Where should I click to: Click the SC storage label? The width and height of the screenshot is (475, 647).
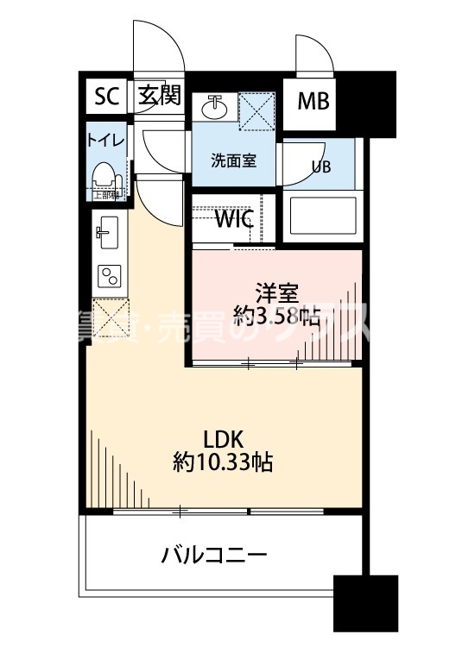click(x=105, y=97)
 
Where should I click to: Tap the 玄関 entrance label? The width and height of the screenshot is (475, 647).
click(x=159, y=96)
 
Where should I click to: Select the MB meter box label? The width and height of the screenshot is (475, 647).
click(x=313, y=102)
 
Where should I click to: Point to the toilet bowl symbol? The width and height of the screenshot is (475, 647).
click(x=104, y=178)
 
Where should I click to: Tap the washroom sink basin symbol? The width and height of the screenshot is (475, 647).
click(x=214, y=109)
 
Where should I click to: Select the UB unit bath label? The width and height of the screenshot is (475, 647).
click(x=321, y=167)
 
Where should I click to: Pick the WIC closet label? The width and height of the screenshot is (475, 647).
click(x=233, y=219)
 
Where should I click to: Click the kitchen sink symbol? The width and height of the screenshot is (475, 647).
click(x=107, y=230)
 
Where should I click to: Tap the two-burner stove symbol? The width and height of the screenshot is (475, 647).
click(x=110, y=276)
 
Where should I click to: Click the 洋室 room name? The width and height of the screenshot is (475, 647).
click(x=269, y=292)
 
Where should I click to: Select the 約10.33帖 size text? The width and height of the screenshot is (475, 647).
click(x=223, y=462)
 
